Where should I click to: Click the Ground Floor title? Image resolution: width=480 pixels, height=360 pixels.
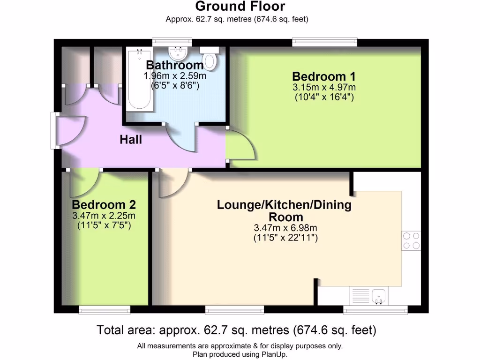[240, 7]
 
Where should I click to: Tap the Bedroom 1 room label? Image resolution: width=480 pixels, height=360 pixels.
[323, 76]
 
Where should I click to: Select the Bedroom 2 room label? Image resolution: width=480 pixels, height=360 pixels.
[104, 205]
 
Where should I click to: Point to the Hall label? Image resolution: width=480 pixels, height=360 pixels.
[131, 140]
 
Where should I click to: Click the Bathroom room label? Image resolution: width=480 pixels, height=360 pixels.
[175, 65]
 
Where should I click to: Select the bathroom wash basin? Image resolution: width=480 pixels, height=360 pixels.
[178, 51]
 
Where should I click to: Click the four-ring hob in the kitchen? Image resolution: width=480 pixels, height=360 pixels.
[411, 240]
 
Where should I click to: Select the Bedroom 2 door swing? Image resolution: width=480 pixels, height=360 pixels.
[83, 183]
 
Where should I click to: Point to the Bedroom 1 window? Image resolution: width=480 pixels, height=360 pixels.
[324, 43]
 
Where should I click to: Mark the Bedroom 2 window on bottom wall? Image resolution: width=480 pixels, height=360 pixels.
[104, 309]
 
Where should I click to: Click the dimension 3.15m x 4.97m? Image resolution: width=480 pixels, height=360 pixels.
[323, 87]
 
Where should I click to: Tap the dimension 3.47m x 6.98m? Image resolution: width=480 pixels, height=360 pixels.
[285, 228]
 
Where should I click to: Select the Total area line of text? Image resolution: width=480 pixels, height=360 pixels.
[236, 330]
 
